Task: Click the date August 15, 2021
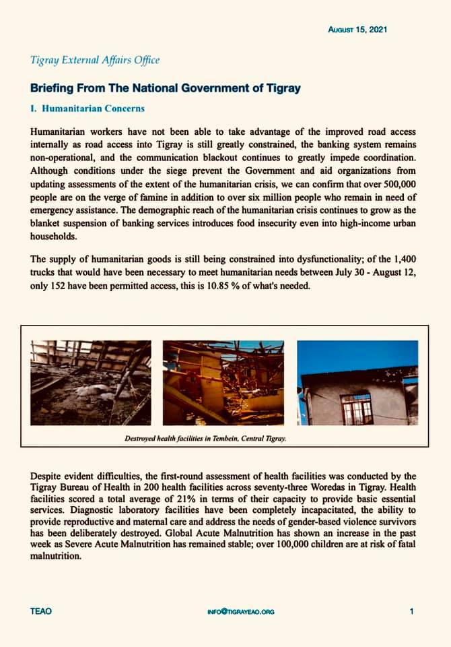tap(357, 30)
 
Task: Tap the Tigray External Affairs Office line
tap(95, 60)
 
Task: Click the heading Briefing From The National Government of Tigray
tap(165, 88)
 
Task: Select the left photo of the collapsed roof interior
tap(90, 382)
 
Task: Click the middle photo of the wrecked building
tap(223, 382)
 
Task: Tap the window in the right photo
tap(356, 409)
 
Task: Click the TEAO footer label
tap(40, 611)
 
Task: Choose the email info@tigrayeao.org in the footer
tap(241, 612)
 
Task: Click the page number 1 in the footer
tap(411, 611)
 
